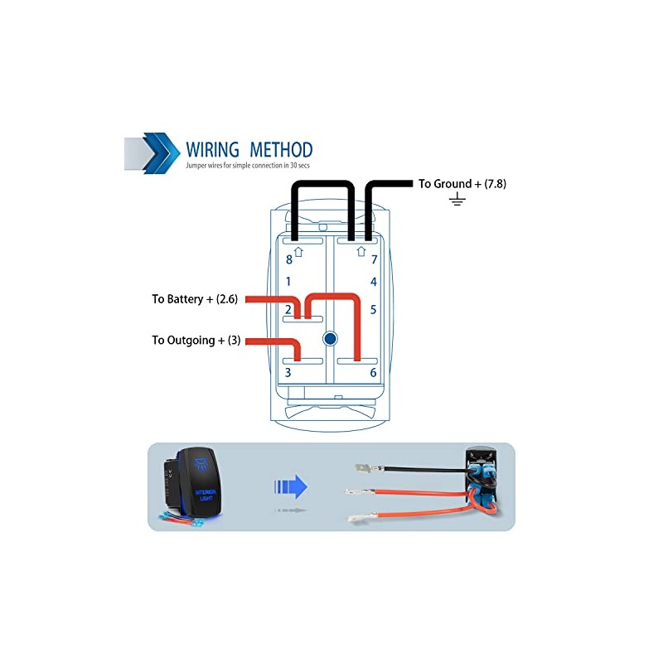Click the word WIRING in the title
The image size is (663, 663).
coord(213,150)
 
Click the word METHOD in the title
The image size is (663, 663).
coord(278,150)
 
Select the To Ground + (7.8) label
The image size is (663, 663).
coord(462,184)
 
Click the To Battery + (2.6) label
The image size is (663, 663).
coord(195,299)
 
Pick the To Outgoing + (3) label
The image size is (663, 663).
coord(196,341)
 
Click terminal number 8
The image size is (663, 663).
coord(288,259)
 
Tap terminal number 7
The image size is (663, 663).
coord(374,259)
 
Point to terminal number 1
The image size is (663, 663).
coord(288,282)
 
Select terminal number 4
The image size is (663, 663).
coord(374,282)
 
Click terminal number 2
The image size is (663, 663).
coord(288,310)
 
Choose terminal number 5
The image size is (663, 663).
coord(374,310)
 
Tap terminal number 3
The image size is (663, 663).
coord(288,373)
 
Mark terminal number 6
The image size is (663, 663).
coord(374,373)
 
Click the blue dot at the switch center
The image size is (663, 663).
coord(331,338)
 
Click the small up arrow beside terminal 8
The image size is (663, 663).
coord(299,250)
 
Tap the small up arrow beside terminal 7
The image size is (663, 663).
coord(361,250)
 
